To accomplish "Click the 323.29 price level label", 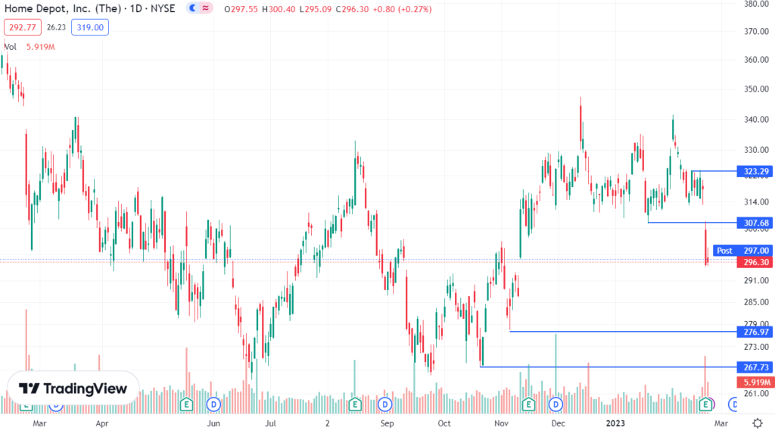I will tap(755, 172).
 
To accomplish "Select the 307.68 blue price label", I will tap(755, 223).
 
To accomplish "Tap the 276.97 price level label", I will tap(755, 332).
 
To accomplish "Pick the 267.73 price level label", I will tap(755, 367).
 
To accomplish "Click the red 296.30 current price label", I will tap(755, 262).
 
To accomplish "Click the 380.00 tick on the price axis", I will tap(757, 4).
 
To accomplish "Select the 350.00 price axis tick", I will tap(757, 89).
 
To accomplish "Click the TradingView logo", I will tap(73, 389).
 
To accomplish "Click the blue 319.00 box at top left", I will tap(92, 28).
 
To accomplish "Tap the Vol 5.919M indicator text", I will tap(30, 47).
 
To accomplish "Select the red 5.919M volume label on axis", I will tap(755, 382).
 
